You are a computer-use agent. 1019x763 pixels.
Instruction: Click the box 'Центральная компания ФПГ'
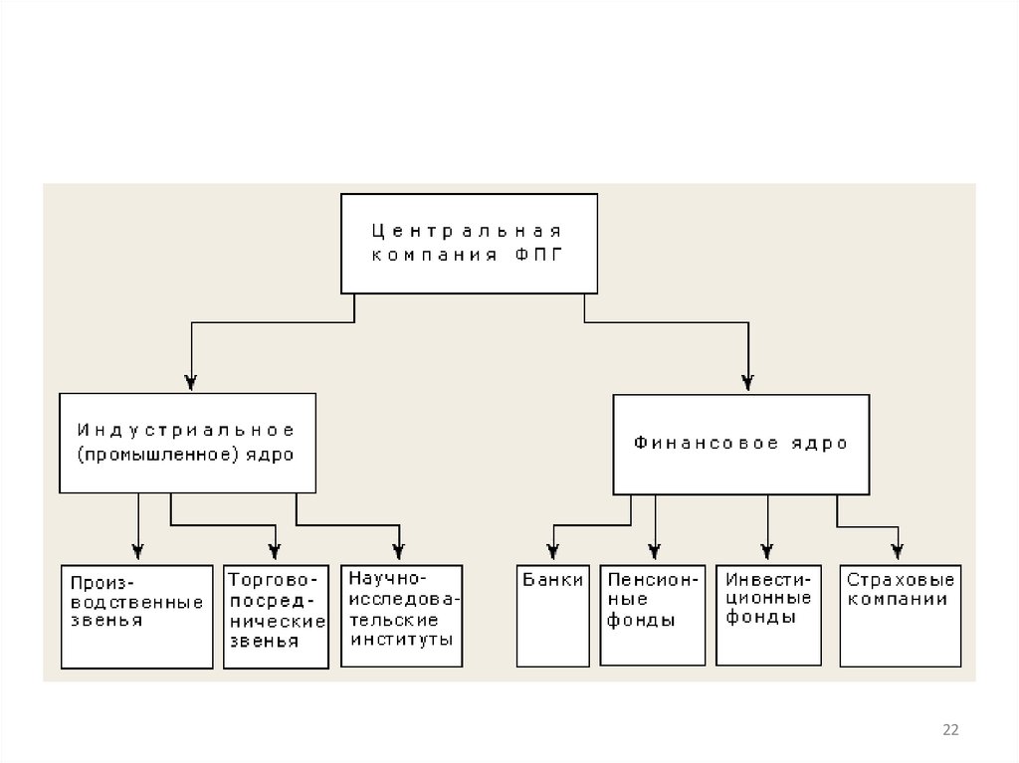pyautogui.click(x=470, y=243)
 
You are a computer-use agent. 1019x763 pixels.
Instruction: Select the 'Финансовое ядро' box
pyautogui.click(x=741, y=444)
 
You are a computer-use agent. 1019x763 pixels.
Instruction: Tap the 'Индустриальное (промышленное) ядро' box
pyautogui.click(x=187, y=443)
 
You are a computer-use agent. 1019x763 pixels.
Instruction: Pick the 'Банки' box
pyautogui.click(x=553, y=616)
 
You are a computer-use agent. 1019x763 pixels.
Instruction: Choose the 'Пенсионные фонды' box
pyautogui.click(x=653, y=615)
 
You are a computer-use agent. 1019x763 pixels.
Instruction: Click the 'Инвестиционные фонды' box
pyautogui.click(x=768, y=615)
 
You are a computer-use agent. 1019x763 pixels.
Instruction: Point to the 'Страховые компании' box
pyautogui.click(x=901, y=616)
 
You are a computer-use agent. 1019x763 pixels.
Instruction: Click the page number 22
pyautogui.click(x=950, y=730)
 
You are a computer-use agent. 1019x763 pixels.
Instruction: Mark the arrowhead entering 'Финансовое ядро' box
pyautogui.click(x=748, y=381)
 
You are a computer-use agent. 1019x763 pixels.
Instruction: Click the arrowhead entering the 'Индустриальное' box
pyautogui.click(x=191, y=381)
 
